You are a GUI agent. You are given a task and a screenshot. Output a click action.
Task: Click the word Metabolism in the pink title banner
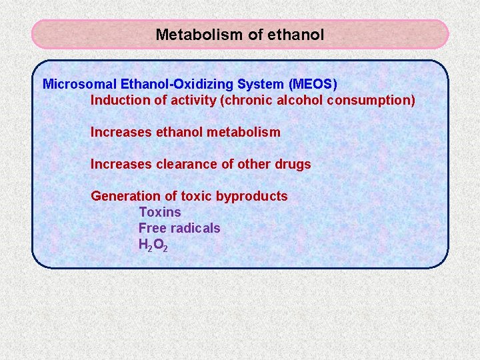click(199, 35)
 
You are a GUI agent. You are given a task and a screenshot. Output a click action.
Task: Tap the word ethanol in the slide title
click(295, 35)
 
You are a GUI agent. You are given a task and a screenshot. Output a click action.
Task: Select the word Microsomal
click(79, 85)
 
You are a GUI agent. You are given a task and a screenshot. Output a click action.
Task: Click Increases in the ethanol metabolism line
click(121, 133)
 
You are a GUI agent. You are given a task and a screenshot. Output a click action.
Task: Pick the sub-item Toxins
click(159, 212)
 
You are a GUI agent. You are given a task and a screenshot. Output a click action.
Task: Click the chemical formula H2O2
click(153, 245)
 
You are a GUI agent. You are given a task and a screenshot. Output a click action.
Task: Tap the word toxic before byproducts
click(197, 196)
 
